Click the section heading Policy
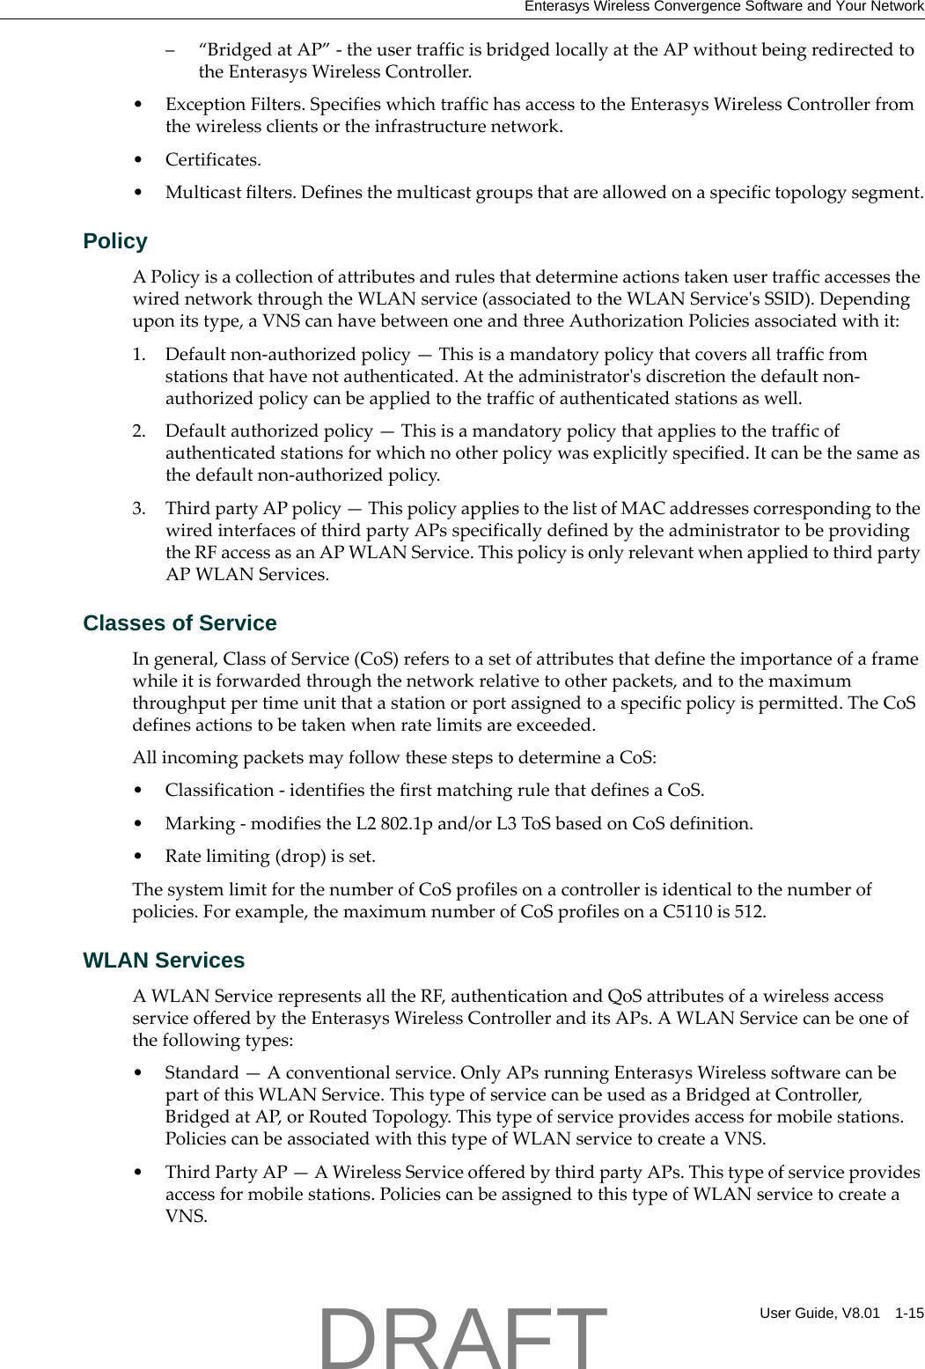pos(115,241)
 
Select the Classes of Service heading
pos(180,623)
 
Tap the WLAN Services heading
pos(164,961)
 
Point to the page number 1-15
pos(909,1313)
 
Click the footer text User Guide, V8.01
pos(819,1313)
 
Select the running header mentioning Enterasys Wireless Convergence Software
pos(723,6)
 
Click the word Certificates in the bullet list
pos(212,159)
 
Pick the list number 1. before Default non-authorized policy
pos(139,354)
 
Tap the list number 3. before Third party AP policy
pos(139,508)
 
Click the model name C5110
pos(687,911)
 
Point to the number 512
pos(749,911)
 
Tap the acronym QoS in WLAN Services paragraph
pos(624,996)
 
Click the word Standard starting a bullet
pos(202,1072)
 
